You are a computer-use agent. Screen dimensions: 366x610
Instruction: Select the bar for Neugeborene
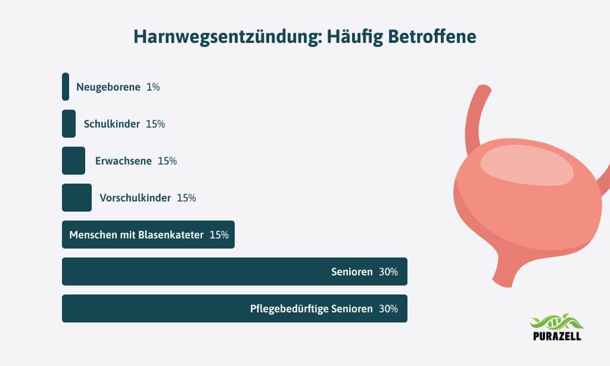[66, 87]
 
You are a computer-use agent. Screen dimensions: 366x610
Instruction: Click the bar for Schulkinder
[69, 124]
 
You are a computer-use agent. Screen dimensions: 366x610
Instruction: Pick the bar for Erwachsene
[73, 161]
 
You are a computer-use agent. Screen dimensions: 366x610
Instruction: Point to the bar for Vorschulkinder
[77, 197]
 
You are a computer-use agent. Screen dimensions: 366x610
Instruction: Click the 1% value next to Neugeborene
[153, 87]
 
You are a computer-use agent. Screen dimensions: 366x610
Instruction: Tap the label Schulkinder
[112, 124]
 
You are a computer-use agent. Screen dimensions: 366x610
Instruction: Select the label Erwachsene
[123, 161]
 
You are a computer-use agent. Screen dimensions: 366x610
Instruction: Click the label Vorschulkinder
[135, 198]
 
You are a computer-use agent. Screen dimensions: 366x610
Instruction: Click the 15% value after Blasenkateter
[219, 235]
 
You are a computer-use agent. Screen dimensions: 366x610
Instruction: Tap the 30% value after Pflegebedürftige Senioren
[388, 309]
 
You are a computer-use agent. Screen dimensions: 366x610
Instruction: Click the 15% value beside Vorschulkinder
[186, 198]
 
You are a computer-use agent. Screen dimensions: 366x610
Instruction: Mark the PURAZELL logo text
[557, 336]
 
